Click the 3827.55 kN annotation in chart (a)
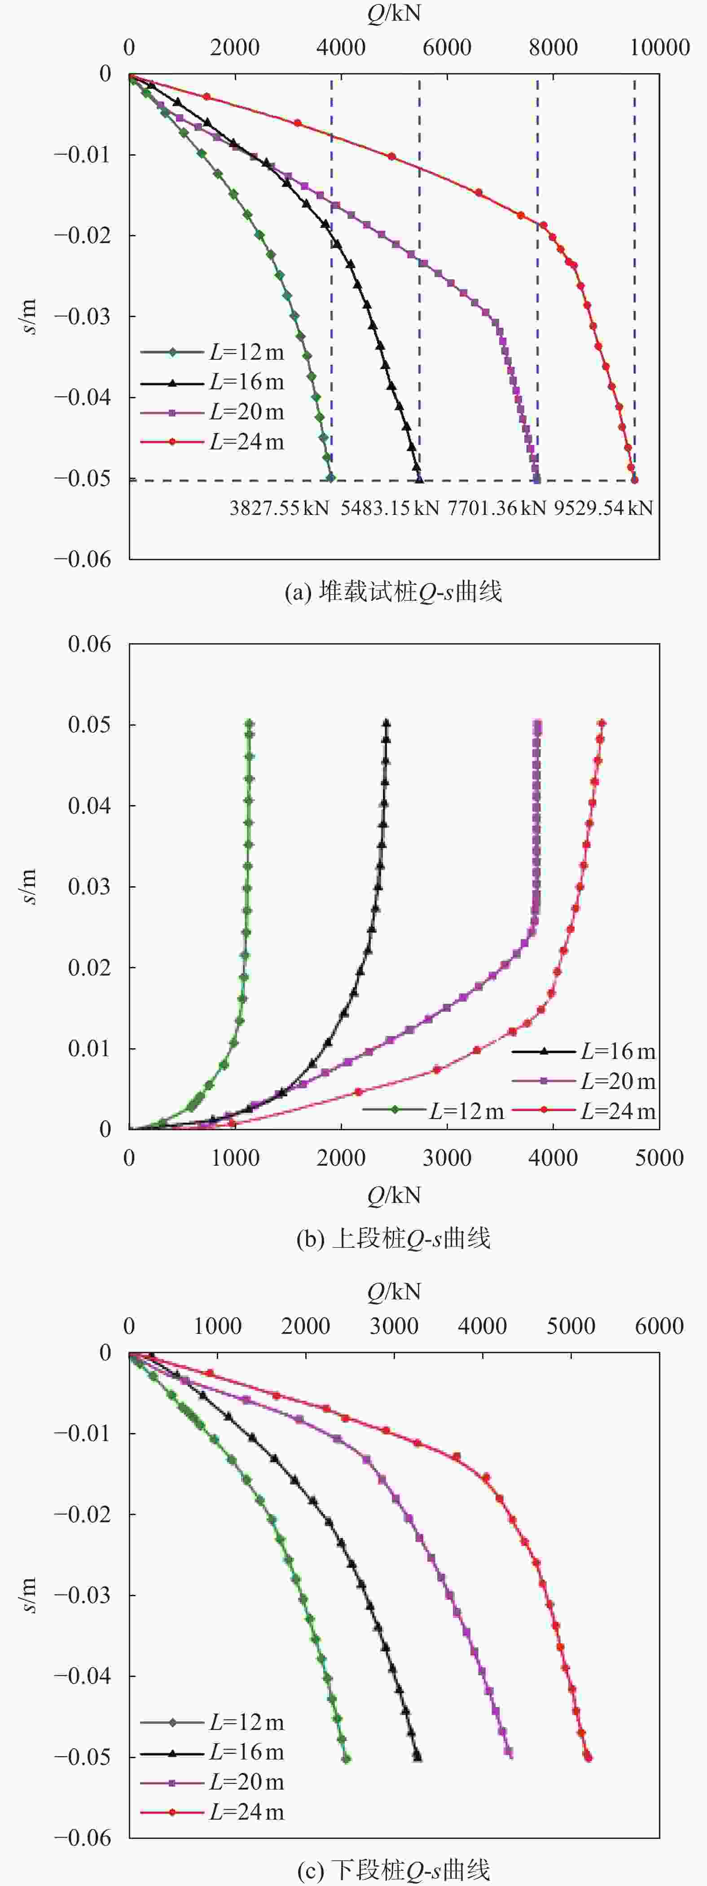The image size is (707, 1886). (279, 507)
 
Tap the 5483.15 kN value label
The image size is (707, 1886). (389, 507)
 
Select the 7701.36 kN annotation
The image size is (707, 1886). (497, 507)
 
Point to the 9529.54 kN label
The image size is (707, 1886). (603, 507)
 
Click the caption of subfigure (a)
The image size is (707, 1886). (393, 592)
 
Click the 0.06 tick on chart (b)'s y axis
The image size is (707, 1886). (89, 644)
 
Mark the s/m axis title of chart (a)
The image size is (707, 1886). (29, 316)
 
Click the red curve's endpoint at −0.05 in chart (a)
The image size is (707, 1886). (634, 479)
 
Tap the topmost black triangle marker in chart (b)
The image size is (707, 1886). (386, 724)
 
